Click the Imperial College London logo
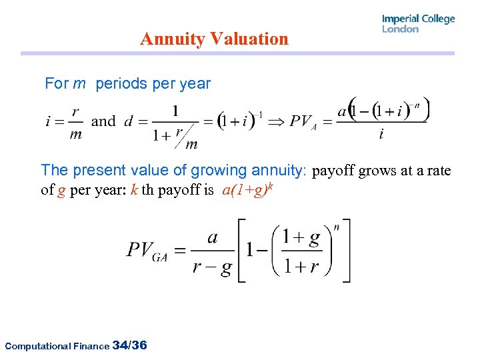point(418,23)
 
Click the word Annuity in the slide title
point(172,39)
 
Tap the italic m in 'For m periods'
point(79,84)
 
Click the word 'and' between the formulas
point(103,121)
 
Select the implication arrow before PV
point(275,121)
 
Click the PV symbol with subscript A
point(303,123)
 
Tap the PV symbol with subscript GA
point(147,251)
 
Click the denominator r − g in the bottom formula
point(212,268)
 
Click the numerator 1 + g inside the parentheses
point(301,237)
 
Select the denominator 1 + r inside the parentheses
point(301,267)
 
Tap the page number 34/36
point(131,345)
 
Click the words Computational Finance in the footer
point(57,346)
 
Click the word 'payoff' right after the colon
point(334,171)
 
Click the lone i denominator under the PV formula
point(381,135)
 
